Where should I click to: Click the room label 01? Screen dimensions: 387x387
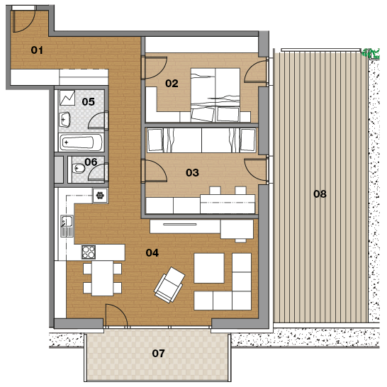[x=37, y=50]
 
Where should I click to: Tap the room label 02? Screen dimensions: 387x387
[x=172, y=84]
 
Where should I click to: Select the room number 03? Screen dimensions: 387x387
[x=192, y=172]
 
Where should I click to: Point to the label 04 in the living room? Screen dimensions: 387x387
[x=152, y=253]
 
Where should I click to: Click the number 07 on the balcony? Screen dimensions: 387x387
[x=158, y=354]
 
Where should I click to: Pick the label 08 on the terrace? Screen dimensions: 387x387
[x=320, y=194]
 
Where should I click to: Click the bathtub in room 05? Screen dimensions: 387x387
[x=82, y=142]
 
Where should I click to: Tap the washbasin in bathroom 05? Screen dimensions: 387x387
[x=64, y=120]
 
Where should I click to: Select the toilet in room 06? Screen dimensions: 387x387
[x=78, y=169]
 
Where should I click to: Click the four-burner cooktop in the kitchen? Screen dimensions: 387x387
[x=89, y=252]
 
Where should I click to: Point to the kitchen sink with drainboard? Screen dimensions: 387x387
[x=67, y=226]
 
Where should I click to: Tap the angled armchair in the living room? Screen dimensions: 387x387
[x=169, y=285]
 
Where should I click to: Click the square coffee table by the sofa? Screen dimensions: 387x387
[x=209, y=268]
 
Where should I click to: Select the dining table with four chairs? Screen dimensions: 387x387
[x=103, y=278]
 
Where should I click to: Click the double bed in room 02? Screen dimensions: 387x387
[x=215, y=95]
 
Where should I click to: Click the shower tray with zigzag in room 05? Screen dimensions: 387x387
[x=67, y=98]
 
